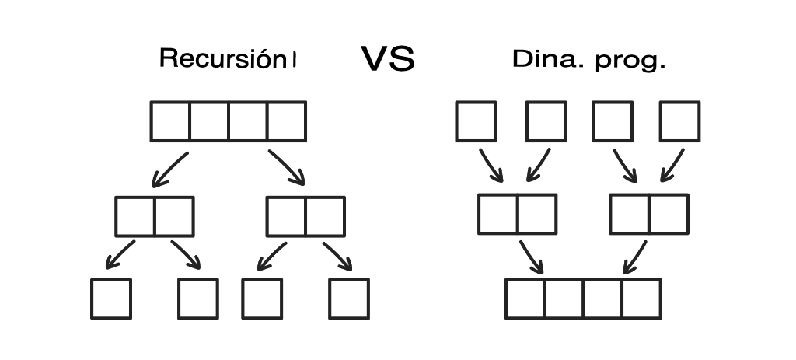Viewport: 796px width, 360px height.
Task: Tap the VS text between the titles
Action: [388, 60]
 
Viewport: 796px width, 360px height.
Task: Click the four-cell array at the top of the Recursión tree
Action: [228, 121]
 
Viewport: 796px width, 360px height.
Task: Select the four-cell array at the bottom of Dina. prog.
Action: [583, 299]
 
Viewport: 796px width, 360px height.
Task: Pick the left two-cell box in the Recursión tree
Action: [154, 216]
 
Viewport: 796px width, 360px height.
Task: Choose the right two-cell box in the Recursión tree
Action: [305, 216]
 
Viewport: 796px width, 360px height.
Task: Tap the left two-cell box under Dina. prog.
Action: [517, 214]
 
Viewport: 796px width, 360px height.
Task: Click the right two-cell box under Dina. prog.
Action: [649, 214]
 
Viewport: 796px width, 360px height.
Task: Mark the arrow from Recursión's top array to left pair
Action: [169, 170]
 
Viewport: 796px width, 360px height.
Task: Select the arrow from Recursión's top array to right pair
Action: [286, 168]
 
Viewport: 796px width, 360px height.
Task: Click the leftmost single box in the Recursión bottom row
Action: [110, 299]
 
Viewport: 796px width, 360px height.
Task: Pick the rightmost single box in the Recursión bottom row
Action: [348, 299]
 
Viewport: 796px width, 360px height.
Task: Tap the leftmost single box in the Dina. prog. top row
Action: [475, 121]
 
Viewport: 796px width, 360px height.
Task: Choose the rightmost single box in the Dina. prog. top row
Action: [679, 121]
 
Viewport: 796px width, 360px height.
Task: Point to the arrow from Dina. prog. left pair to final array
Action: [531, 257]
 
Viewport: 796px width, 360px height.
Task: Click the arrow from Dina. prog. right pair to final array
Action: [634, 257]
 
